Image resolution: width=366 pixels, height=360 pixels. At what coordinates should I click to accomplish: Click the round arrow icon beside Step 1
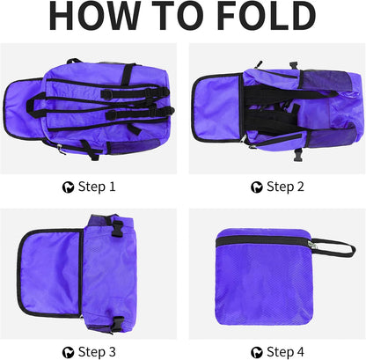coord(67,187)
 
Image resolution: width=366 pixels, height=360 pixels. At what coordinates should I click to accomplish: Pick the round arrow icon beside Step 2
coord(257,187)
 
